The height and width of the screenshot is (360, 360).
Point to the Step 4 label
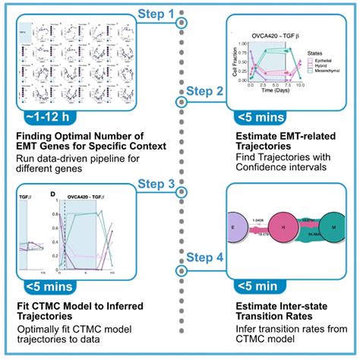coord(204,258)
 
